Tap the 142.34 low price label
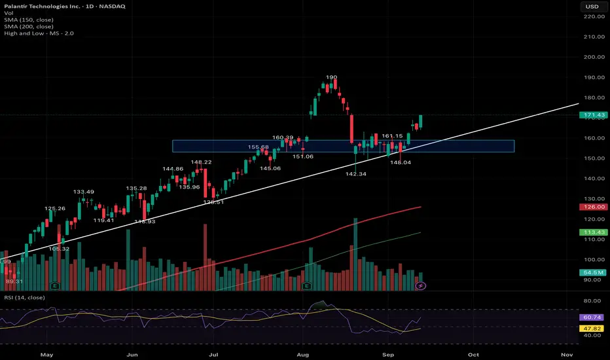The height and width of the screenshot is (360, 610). pos(357,174)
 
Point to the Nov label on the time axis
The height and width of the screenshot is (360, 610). pos(567,353)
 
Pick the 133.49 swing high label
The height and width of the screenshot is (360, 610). pos(84,192)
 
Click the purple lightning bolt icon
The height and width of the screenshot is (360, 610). pos(422,285)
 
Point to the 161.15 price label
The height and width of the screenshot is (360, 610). pos(392,135)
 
